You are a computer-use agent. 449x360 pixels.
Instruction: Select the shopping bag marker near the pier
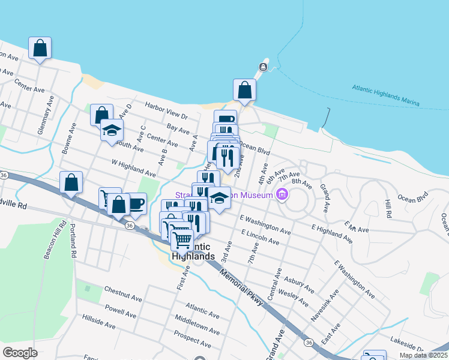click(244, 90)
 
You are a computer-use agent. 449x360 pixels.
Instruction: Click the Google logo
click(20, 353)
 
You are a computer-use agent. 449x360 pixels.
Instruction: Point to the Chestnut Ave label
click(122, 298)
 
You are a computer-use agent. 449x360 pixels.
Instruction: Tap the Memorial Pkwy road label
click(241, 287)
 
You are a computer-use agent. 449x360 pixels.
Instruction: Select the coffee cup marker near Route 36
click(136, 202)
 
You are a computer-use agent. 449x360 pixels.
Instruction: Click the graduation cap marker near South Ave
click(111, 131)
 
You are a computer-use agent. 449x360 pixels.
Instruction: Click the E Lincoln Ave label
click(260, 236)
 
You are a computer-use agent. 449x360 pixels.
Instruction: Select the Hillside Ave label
click(98, 320)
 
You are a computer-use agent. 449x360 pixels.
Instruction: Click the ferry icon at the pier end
click(263, 66)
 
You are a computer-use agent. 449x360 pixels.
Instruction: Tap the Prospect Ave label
click(192, 340)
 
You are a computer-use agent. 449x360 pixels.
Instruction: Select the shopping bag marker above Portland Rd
click(71, 182)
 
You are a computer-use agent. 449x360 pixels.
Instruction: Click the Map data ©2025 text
click(423, 355)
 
